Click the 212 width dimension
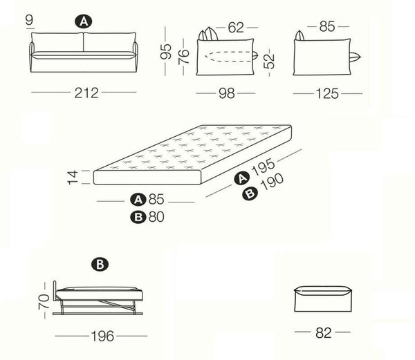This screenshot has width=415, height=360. (86, 93)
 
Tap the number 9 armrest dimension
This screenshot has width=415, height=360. (30, 19)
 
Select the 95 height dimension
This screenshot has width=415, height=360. (166, 51)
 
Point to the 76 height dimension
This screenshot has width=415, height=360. (184, 57)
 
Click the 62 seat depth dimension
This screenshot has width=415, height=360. (236, 27)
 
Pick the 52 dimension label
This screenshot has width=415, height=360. (269, 61)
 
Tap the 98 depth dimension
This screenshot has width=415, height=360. (227, 93)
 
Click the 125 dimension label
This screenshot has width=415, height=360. (327, 93)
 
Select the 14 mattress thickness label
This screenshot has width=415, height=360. (73, 177)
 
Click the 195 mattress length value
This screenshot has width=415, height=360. (264, 167)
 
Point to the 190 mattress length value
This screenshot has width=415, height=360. (272, 182)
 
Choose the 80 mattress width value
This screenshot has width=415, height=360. (156, 217)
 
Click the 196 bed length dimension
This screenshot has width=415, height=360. (102, 337)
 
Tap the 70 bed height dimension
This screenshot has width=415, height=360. (44, 301)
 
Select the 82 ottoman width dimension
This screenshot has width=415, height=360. (324, 333)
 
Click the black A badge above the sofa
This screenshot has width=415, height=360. (84, 21)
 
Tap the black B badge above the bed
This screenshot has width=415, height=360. (100, 265)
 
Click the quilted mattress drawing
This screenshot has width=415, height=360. (193, 154)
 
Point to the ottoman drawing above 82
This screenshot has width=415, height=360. (323, 299)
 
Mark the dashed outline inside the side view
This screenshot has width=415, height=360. (228, 57)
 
